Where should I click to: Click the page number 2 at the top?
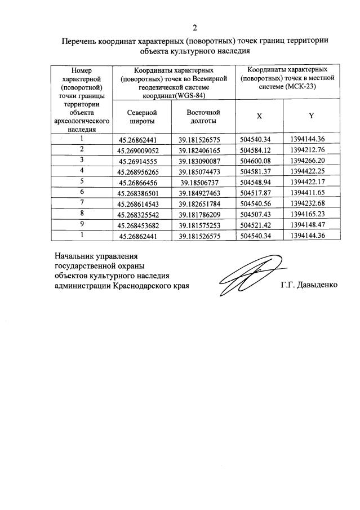point(195,28)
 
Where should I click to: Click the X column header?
point(259,116)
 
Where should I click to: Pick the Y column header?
point(311,116)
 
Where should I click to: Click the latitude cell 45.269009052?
point(139,150)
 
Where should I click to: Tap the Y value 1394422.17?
point(312,181)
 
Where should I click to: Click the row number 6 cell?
point(82,192)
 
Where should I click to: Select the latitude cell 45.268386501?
point(139,192)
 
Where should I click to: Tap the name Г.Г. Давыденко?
point(309,285)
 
